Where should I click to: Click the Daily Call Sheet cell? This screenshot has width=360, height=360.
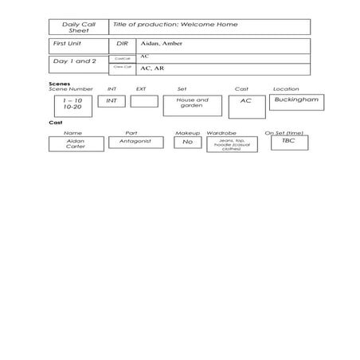click(78, 27)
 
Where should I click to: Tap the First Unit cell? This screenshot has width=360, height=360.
click(78, 45)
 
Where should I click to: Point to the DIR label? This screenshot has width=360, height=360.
click(122, 45)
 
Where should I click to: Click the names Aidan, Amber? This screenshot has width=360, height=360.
click(162, 44)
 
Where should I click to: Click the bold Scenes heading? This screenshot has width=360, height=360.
click(59, 83)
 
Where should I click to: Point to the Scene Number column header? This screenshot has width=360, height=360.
click(71, 89)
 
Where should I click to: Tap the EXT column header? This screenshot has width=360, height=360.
click(141, 89)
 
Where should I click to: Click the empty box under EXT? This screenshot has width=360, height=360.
click(144, 101)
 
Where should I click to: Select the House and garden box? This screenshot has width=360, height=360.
click(192, 104)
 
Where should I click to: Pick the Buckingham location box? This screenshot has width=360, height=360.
click(296, 102)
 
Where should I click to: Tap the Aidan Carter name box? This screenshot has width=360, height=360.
click(76, 143)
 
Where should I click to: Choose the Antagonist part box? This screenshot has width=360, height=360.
click(135, 141)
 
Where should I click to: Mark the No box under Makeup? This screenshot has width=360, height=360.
click(187, 142)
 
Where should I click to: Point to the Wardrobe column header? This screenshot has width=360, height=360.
click(221, 133)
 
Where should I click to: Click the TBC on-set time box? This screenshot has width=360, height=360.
click(288, 142)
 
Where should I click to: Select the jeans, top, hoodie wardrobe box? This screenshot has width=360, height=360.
click(232, 143)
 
